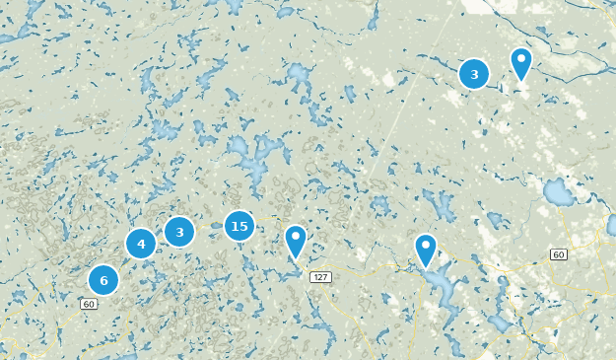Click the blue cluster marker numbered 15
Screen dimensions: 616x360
click(239, 227)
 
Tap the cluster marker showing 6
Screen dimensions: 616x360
click(103, 280)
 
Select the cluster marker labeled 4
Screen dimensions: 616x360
click(141, 244)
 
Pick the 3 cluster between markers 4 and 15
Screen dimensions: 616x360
click(179, 232)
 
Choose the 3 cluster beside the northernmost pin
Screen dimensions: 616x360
click(474, 74)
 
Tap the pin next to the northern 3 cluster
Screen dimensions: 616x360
click(520, 63)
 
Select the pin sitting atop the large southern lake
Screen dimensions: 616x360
click(425, 250)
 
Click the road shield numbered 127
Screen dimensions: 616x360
click(319, 277)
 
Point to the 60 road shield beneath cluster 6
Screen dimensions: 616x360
click(89, 304)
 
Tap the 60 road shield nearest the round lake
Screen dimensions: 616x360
click(558, 254)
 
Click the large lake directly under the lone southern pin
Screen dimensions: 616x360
click(441, 288)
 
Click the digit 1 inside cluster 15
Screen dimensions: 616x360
click(234, 227)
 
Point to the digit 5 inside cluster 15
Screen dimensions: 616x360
click(243, 227)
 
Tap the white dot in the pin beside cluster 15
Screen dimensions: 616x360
click(295, 237)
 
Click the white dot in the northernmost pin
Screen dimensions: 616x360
click(520, 58)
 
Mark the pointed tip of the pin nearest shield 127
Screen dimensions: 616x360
click(295, 260)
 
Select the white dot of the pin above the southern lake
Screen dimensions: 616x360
click(425, 244)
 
